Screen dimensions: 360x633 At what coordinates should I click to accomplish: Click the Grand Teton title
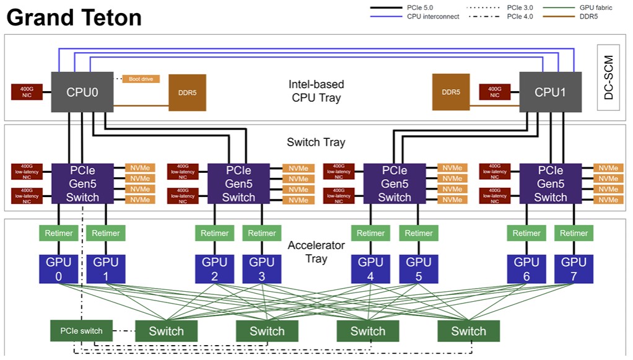click(x=74, y=17)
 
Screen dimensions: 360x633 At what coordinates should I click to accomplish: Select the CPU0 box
click(x=82, y=92)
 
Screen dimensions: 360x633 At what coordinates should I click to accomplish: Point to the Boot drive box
click(x=141, y=79)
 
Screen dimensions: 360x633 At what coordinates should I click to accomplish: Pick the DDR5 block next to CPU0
click(x=188, y=93)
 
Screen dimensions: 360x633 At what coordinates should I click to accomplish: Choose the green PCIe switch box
click(x=81, y=331)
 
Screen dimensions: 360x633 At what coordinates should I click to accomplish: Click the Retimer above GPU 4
click(x=370, y=234)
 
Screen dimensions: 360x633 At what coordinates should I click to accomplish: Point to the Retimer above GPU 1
click(x=105, y=234)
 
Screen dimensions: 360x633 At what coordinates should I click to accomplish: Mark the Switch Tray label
click(x=316, y=143)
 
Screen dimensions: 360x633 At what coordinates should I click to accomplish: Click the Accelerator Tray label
click(x=316, y=252)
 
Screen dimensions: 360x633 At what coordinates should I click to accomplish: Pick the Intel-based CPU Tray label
click(x=316, y=90)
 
